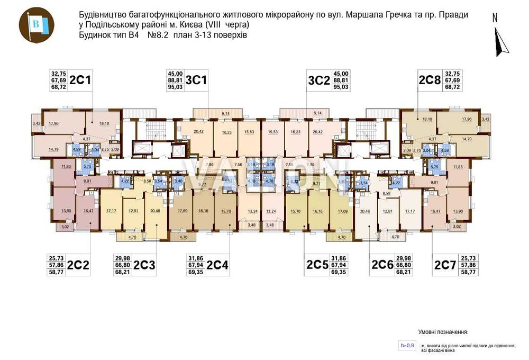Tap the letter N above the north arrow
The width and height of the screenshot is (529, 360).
(495, 17)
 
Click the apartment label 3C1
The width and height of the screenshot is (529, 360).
(197, 80)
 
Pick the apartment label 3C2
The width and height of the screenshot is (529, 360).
(318, 80)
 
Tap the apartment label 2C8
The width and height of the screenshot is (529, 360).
(429, 80)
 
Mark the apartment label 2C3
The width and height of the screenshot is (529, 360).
(144, 265)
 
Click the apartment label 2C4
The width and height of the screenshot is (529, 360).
(217, 265)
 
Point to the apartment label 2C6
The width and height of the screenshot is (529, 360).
(384, 265)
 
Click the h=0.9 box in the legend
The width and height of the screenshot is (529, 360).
(407, 345)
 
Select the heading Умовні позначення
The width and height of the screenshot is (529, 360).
(443, 332)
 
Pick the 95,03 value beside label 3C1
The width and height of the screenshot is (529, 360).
(175, 87)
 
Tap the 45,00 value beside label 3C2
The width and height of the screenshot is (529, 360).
(341, 74)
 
